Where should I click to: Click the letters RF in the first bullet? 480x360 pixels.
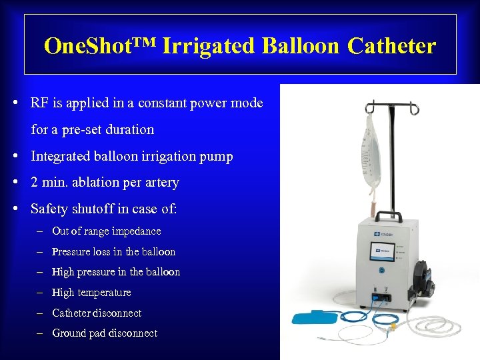[x=39, y=103]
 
